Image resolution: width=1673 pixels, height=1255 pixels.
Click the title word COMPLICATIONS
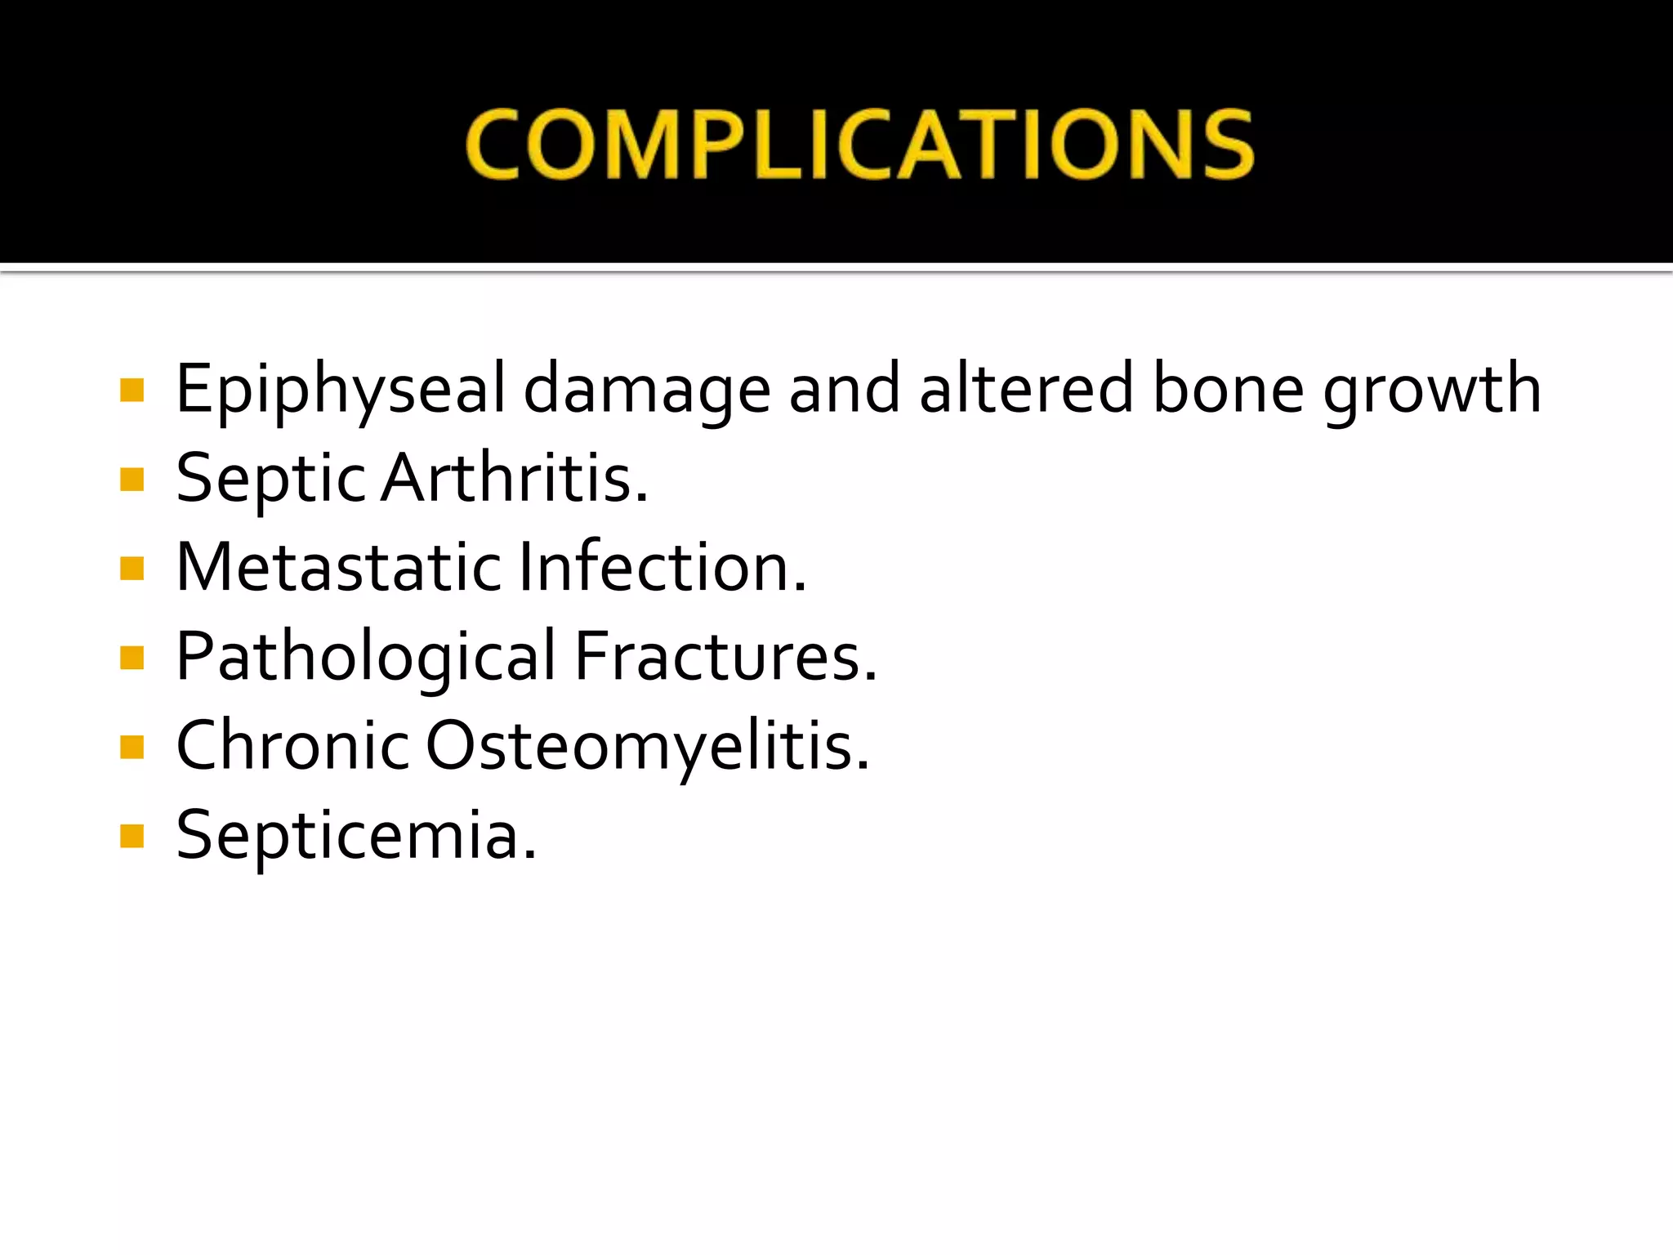point(859,145)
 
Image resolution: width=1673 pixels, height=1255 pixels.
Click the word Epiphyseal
point(341,391)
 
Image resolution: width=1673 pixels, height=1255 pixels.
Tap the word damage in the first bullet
point(646,391)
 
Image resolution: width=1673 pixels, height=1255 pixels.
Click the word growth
point(1432,391)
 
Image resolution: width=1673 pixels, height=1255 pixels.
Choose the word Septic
point(271,480)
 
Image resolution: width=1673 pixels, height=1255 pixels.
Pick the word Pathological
point(366,657)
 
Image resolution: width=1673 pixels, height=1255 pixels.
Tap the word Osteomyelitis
point(648,747)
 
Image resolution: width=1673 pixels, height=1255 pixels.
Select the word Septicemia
point(356,835)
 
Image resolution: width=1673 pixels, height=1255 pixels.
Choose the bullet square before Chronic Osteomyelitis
point(132,747)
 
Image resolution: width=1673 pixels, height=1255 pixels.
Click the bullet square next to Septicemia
point(132,836)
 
